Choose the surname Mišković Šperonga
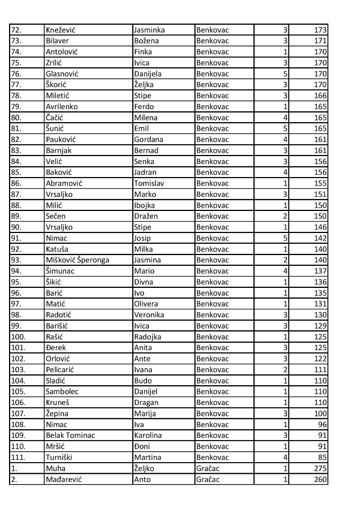pos(77,260)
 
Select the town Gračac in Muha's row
pos(209,468)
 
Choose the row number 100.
pos(18,337)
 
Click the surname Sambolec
pos(62,391)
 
